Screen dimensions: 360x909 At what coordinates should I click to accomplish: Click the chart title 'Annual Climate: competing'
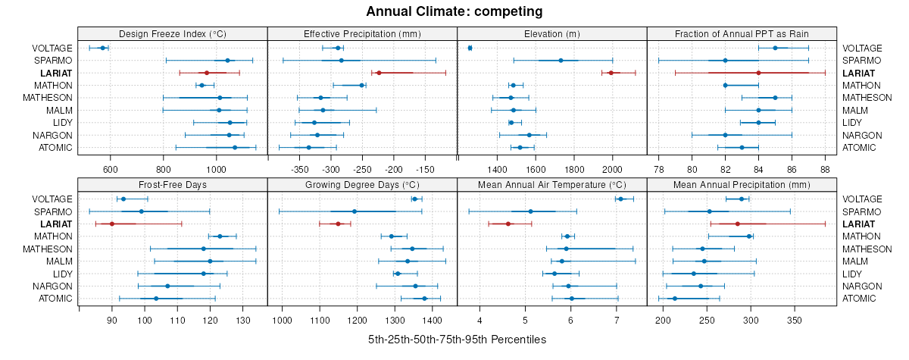[x=454, y=11]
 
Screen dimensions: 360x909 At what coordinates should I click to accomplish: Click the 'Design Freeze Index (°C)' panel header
[x=173, y=33]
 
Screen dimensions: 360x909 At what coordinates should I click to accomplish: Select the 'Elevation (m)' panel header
[x=551, y=33]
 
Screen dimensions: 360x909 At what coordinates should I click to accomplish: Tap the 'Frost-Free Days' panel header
[x=173, y=184]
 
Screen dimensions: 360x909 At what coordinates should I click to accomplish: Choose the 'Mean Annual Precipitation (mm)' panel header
[x=742, y=184]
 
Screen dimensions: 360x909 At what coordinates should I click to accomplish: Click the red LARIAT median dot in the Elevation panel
[x=611, y=73]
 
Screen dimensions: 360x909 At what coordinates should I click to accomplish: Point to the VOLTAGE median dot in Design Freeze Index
[x=103, y=48]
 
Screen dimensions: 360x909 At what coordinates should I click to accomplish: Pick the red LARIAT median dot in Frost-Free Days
[x=112, y=224]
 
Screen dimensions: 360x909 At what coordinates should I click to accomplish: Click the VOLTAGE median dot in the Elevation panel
[x=470, y=48]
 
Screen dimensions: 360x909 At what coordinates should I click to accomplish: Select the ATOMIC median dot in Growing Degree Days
[x=424, y=299]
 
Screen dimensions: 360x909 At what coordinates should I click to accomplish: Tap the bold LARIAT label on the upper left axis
[x=56, y=73]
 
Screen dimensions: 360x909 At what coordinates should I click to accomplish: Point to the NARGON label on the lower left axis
[x=55, y=286]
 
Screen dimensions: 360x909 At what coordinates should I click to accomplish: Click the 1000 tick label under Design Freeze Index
[x=216, y=168]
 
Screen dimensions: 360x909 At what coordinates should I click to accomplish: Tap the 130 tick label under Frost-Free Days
[x=243, y=320]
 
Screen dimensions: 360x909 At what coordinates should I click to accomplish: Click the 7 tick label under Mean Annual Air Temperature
[x=617, y=320]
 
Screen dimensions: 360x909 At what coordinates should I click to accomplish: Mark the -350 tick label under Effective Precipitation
[x=300, y=168]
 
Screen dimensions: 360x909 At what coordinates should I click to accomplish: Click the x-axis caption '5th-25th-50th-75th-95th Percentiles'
[x=457, y=340]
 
